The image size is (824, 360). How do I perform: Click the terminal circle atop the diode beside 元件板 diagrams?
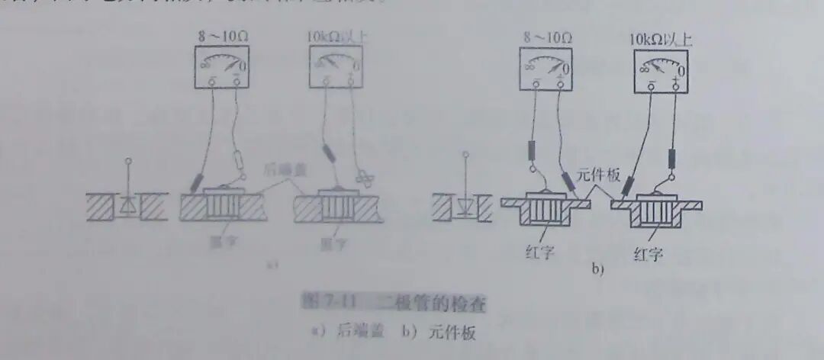pyautogui.click(x=462, y=158)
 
